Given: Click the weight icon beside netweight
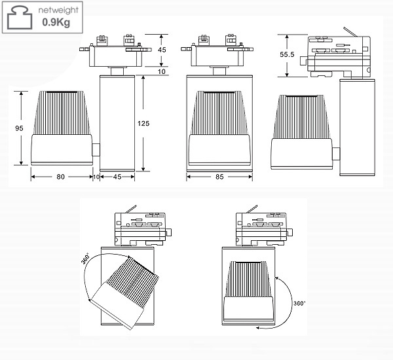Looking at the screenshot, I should pos(20,18).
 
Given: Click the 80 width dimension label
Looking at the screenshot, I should pos(60,177).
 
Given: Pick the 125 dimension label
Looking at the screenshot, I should pos(153,123).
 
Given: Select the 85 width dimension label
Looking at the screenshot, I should pos(219,177).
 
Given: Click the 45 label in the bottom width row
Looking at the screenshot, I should pos(118,177).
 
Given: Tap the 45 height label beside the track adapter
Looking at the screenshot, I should pos(162,49).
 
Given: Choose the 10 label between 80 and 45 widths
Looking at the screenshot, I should pos(96,177).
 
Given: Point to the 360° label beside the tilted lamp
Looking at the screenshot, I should pos(85,259).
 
